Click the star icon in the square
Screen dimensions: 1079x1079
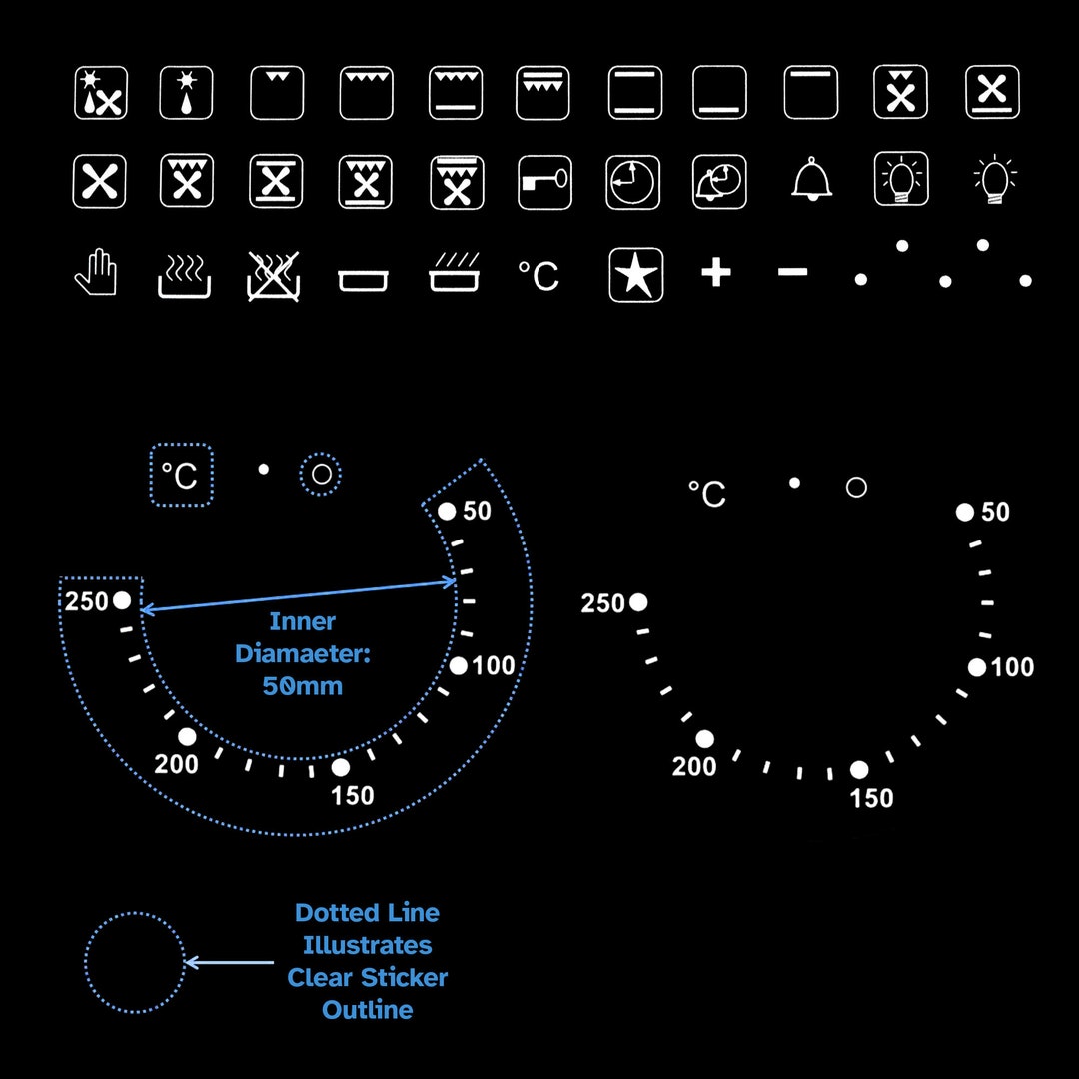pyautogui.click(x=636, y=275)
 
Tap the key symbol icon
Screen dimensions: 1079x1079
pyautogui.click(x=544, y=182)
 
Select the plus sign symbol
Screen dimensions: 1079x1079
pyautogui.click(x=715, y=272)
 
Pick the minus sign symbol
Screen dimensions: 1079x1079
pyautogui.click(x=792, y=272)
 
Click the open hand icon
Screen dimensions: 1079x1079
pyautogui.click(x=96, y=272)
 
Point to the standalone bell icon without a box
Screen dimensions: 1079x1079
pyautogui.click(x=812, y=179)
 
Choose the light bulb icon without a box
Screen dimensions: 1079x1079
pyautogui.click(x=995, y=179)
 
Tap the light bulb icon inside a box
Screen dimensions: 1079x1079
pyautogui.click(x=901, y=179)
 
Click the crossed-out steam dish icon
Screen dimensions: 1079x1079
pyautogui.click(x=273, y=276)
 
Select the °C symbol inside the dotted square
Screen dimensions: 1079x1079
pyautogui.click(x=180, y=475)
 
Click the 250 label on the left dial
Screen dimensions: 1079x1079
pyautogui.click(x=87, y=602)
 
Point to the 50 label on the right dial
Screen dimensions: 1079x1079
pyautogui.click(x=995, y=512)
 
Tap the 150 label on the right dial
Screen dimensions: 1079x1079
pyautogui.click(x=871, y=799)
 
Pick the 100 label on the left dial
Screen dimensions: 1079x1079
pyautogui.click(x=494, y=666)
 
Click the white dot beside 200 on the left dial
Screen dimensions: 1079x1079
pyautogui.click(x=187, y=737)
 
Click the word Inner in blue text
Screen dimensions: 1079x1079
pyautogui.click(x=302, y=622)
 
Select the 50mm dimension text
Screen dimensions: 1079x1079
pyautogui.click(x=302, y=686)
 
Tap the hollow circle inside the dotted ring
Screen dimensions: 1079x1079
pyautogui.click(x=321, y=474)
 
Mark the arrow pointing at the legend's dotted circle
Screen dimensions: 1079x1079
pyautogui.click(x=229, y=962)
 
